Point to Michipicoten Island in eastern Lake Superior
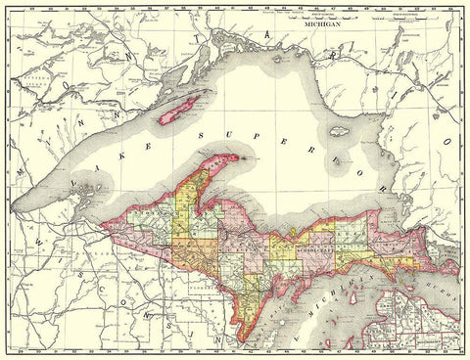coord(340,130)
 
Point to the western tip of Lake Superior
coord(14,210)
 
